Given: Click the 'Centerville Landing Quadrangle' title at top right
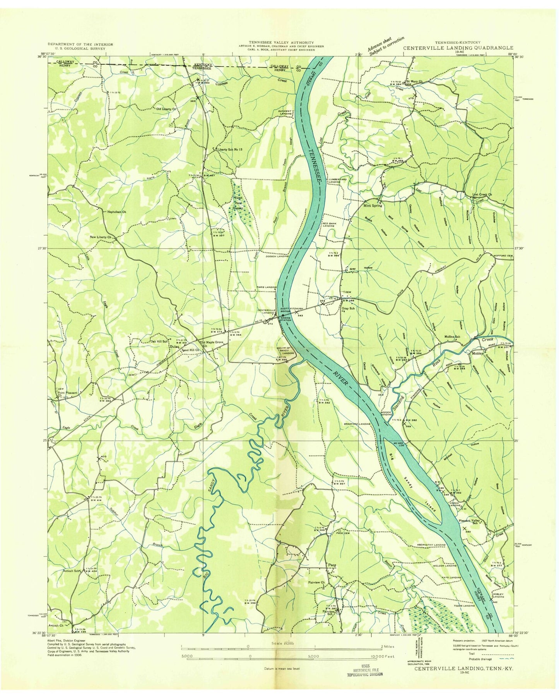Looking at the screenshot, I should pyautogui.click(x=458, y=48).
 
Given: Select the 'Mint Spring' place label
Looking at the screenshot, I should pyautogui.click(x=373, y=205).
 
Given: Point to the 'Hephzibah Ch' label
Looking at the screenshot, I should pyautogui.click(x=117, y=212).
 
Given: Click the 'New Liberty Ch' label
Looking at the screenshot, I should pyautogui.click(x=101, y=237).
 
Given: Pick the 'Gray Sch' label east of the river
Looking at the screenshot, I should pyautogui.click(x=348, y=308).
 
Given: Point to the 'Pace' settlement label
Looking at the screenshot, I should pyautogui.click(x=332, y=565).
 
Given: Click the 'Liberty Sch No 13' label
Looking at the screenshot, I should pyautogui.click(x=230, y=150).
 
